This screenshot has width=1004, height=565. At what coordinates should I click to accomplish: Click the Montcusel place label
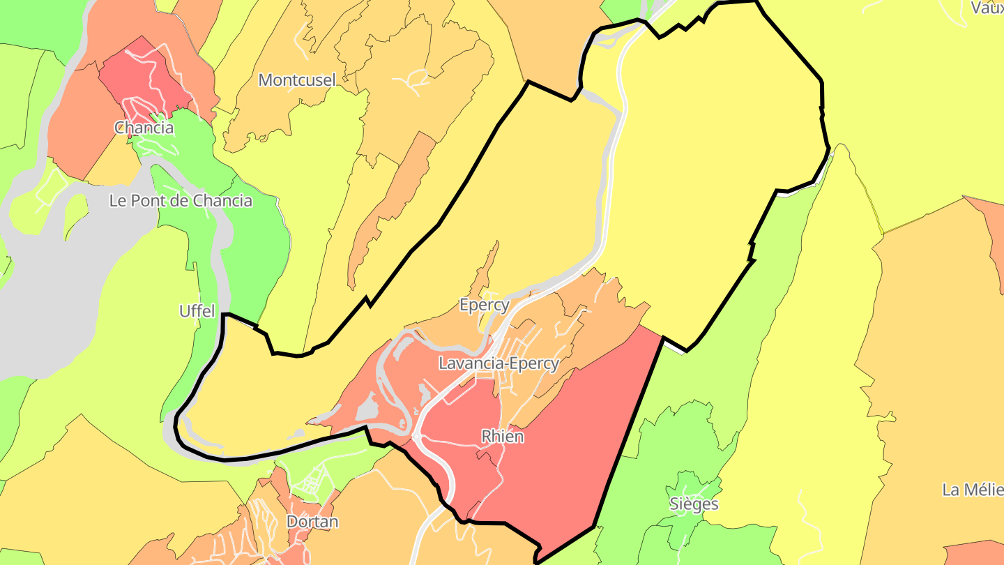[x=297, y=80]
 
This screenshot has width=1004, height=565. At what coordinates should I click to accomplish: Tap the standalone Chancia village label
[x=144, y=128]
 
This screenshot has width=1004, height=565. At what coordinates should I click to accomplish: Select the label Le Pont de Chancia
[x=181, y=201]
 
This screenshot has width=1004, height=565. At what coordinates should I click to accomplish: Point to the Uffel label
[x=197, y=311]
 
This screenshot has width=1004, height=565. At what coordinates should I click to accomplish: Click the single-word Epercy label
[x=484, y=305]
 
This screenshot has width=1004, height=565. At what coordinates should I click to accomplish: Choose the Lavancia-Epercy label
[x=499, y=363]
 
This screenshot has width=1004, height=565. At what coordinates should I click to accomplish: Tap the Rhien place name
[x=502, y=436]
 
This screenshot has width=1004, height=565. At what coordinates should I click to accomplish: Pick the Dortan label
[x=312, y=522]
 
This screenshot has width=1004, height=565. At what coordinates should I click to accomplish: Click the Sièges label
[x=693, y=504]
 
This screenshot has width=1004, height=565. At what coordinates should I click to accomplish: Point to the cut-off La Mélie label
[x=972, y=490]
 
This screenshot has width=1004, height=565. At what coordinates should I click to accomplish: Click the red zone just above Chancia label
[x=143, y=77]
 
